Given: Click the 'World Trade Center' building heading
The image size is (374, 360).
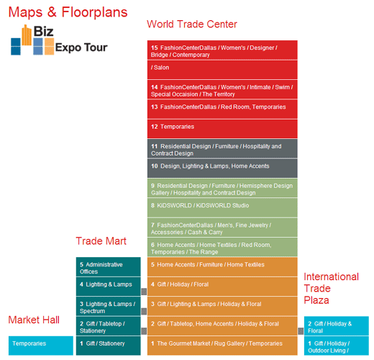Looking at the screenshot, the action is [x=192, y=24].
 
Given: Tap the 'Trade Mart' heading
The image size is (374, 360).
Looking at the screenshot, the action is [x=101, y=241].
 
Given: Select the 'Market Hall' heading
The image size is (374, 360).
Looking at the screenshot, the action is [x=34, y=320].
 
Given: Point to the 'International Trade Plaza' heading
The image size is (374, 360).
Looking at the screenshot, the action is [x=331, y=288].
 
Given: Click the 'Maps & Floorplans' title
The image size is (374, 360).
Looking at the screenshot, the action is [x=68, y=12].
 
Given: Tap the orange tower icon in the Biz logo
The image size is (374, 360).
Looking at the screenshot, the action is [x=27, y=35].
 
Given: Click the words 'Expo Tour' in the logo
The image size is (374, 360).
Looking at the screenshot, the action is [x=81, y=48].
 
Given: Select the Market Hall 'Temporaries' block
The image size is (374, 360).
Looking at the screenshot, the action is [x=41, y=346].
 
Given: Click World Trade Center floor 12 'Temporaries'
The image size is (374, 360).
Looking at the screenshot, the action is [x=222, y=129].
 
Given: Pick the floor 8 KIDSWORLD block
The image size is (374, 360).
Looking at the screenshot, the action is [x=222, y=207].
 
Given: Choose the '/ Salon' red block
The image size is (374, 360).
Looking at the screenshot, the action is [x=222, y=70].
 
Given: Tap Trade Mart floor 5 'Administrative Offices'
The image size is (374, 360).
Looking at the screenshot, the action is [x=109, y=266].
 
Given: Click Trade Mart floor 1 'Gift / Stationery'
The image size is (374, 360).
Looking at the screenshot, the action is [x=109, y=346].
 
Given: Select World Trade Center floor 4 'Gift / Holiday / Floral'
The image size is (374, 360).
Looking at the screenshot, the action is [x=222, y=287].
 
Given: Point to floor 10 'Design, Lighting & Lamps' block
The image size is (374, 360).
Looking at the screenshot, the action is [x=222, y=168].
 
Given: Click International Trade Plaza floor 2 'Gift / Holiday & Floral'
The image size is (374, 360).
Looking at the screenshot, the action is [x=337, y=325].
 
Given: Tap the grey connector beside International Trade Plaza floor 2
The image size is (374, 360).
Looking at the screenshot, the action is [x=301, y=331].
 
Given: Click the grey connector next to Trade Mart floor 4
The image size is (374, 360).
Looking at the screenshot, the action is [x=144, y=292].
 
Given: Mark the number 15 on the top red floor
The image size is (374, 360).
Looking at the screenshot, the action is [x=155, y=48].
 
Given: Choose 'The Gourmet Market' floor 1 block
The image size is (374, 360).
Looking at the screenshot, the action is [x=222, y=346].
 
